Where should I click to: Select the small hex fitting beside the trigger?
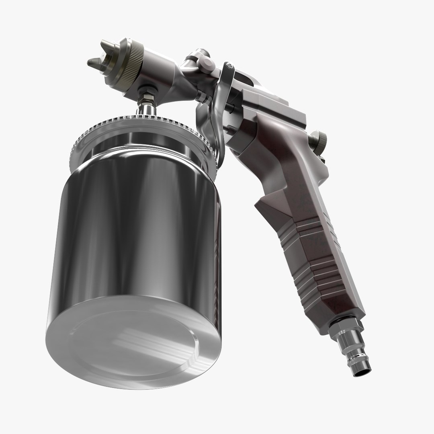[201, 96]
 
